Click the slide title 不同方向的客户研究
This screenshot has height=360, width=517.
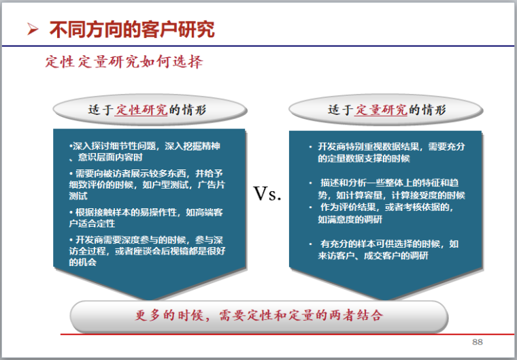[132, 29]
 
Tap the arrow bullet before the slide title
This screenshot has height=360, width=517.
[32, 29]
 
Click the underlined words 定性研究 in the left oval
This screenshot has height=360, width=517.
[141, 110]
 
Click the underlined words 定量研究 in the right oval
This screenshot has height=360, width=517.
[380, 110]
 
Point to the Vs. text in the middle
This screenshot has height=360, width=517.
[267, 193]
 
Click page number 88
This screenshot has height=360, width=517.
[477, 341]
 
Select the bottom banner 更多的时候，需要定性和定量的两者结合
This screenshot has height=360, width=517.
[258, 316]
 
